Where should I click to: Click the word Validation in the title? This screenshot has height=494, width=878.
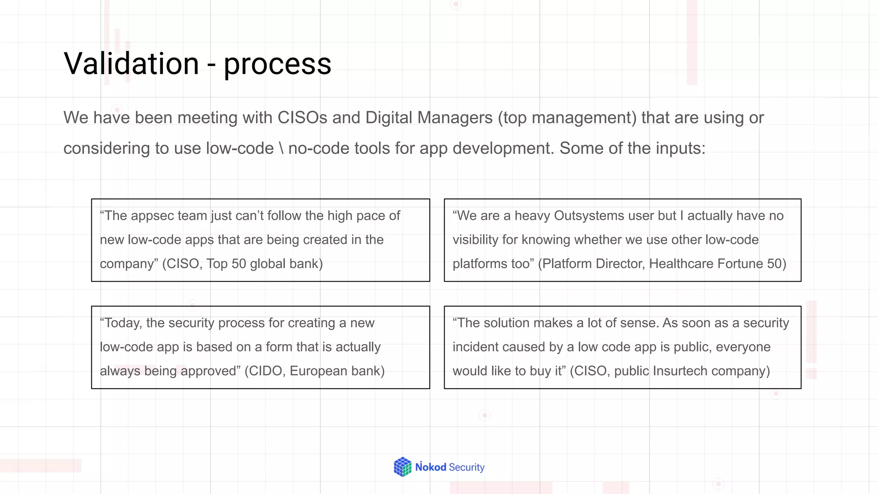tap(131, 63)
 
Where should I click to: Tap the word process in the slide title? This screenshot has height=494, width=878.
tap(277, 64)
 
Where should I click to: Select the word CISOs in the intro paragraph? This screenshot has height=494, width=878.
tap(302, 117)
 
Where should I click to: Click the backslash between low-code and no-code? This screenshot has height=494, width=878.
tap(281, 148)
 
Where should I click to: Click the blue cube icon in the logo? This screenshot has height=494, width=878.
tap(403, 467)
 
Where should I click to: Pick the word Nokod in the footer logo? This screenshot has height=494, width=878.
tap(431, 467)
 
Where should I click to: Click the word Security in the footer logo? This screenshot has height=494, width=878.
tap(466, 467)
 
